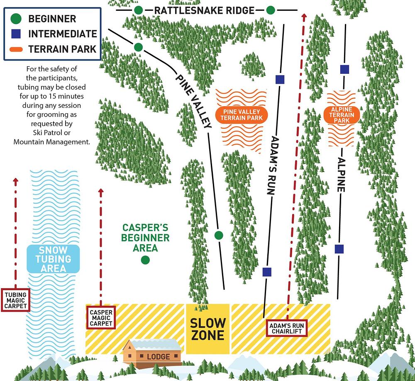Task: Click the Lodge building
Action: tap(153, 353)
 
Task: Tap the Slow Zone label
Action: tap(207, 329)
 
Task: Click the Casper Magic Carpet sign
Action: tap(101, 317)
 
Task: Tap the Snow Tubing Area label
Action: tap(53, 259)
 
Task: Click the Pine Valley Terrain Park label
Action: tap(242, 115)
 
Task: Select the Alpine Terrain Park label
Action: tap(341, 115)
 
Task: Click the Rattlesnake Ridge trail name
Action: tap(204, 10)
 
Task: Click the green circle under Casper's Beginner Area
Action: tap(145, 260)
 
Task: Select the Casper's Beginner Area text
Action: tap(145, 238)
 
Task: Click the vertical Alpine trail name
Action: tap(342, 174)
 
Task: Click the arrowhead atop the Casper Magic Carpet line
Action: tap(100, 192)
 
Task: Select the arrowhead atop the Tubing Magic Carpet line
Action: tap(16, 181)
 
